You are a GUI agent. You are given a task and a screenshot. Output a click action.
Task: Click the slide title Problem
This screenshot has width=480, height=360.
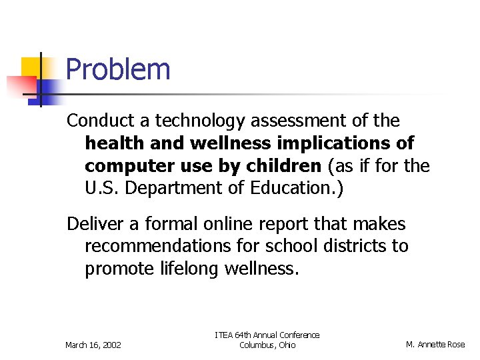click(119, 69)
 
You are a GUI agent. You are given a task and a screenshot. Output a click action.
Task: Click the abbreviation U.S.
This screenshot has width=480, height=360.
click(103, 187)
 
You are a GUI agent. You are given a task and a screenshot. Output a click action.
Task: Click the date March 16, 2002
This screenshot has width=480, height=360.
click(93, 345)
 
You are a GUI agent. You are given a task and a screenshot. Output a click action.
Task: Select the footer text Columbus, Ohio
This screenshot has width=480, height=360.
click(267, 345)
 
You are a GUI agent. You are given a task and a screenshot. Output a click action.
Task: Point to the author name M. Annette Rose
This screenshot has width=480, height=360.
click(436, 345)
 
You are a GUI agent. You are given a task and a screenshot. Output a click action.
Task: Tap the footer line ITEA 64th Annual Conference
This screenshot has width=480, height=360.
click(267, 335)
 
